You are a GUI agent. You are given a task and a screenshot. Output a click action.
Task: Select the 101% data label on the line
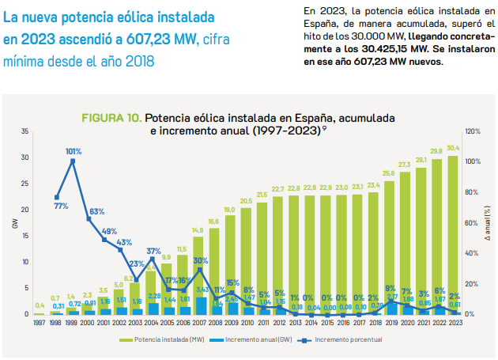pos(73,150)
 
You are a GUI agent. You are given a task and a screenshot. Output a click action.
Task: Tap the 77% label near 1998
pos(61,206)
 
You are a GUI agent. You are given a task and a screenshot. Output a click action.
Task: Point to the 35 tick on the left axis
pos(25,131)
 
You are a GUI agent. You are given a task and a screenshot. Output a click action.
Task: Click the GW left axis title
pos(13,223)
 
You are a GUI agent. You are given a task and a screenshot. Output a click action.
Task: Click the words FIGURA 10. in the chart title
pos(111,117)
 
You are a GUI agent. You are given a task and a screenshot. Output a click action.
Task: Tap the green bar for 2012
pos(278,255)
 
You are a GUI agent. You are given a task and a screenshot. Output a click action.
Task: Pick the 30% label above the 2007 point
pos(201,260)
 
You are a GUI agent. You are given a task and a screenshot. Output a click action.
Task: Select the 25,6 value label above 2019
pos(388,173)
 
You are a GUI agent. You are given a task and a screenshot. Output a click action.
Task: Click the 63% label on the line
pos(96,211)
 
